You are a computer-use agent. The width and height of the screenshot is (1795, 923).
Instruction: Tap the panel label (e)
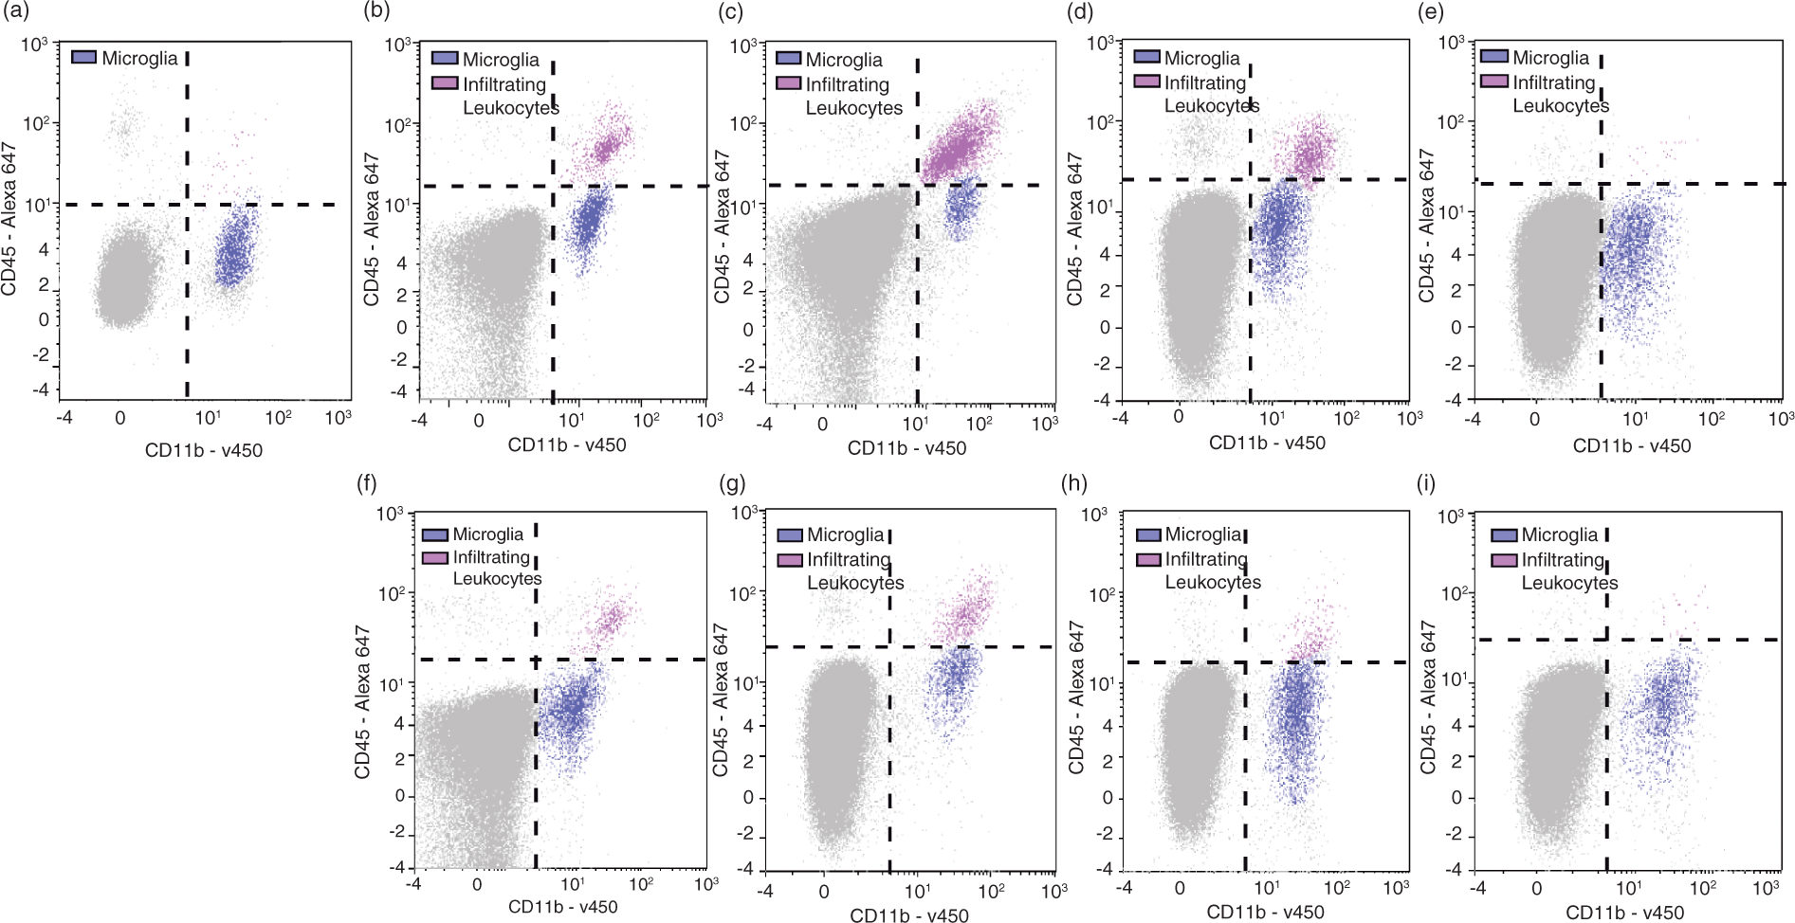(x=1429, y=11)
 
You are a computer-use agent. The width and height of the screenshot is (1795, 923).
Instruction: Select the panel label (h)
(x=1075, y=483)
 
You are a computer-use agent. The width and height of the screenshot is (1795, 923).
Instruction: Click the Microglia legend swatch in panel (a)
(x=83, y=58)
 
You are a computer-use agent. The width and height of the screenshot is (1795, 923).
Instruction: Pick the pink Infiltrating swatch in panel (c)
(x=788, y=83)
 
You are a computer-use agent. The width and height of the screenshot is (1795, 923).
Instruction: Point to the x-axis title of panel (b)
(x=567, y=444)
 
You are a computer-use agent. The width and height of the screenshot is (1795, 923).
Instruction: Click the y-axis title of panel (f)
(x=361, y=702)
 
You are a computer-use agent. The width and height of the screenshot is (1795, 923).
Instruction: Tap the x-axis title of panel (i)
(x=1624, y=913)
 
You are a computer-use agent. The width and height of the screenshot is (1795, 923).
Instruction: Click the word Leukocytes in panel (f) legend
(x=497, y=578)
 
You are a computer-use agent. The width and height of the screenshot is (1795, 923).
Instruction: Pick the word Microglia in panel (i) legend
(x=1560, y=534)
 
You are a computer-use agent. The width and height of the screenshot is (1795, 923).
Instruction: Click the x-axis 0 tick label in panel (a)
(x=120, y=417)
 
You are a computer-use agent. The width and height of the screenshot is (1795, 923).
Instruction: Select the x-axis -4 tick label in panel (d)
(x=1123, y=417)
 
